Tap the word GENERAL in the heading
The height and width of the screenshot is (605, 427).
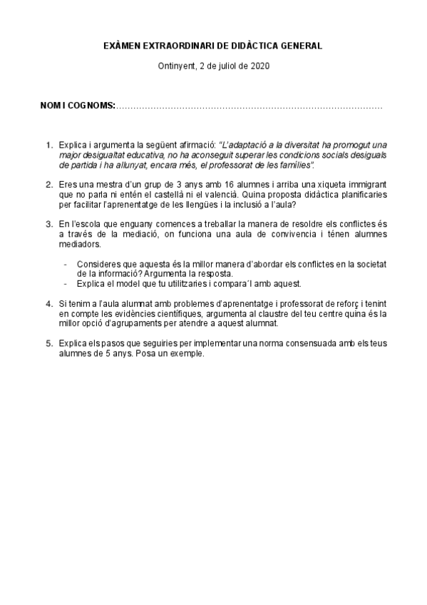click(300, 46)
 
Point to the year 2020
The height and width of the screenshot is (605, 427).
click(260, 66)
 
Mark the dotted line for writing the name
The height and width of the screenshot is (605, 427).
click(249, 106)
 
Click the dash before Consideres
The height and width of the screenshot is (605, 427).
click(66, 263)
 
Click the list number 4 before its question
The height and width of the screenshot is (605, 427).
click(48, 303)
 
